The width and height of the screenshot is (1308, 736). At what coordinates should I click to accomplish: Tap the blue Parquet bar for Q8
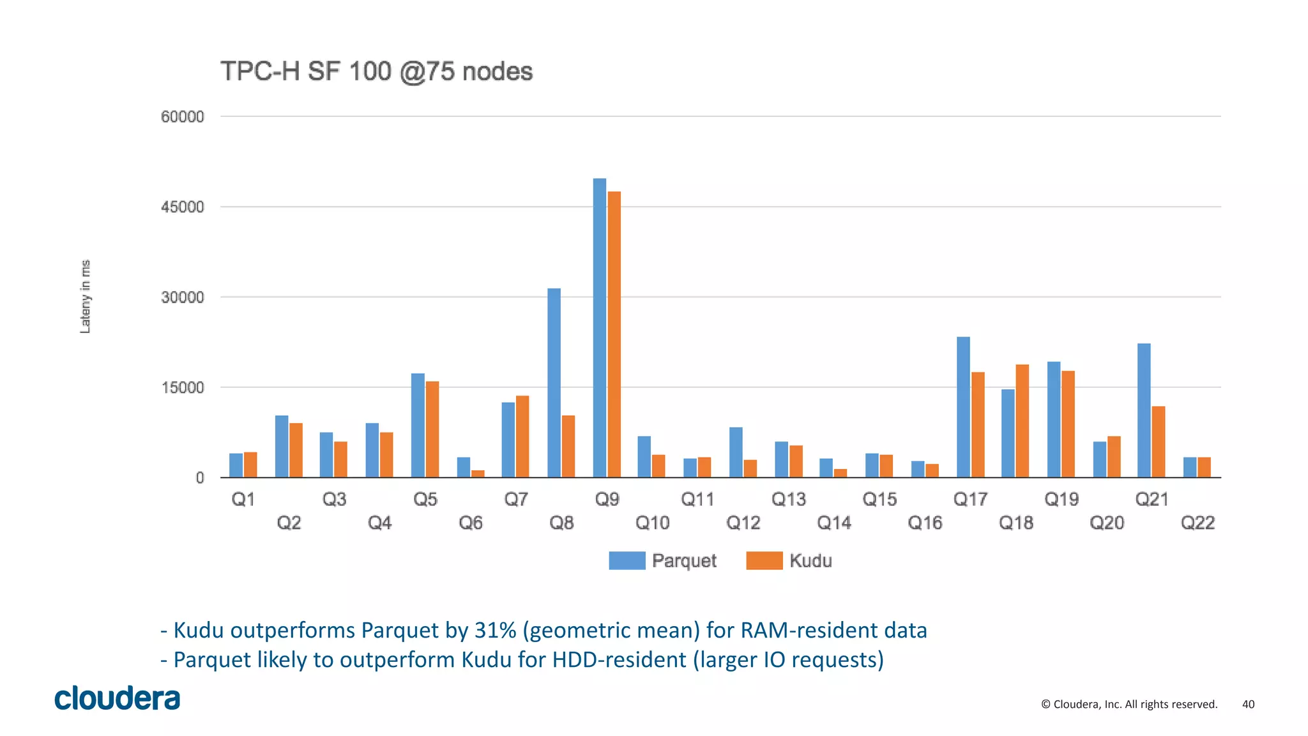[x=554, y=383]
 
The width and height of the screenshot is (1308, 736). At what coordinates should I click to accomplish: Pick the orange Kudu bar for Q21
[x=1159, y=442]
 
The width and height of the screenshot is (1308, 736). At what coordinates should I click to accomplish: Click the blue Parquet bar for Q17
[x=963, y=407]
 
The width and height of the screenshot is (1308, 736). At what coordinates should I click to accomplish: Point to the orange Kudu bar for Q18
[x=1022, y=421]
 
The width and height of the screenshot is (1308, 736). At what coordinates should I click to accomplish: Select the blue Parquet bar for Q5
[x=418, y=425]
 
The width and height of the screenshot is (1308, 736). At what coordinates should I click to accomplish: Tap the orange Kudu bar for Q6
[x=478, y=473]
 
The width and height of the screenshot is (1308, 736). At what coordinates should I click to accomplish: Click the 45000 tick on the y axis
[x=183, y=207]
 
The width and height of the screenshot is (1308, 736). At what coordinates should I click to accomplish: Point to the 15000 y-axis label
[x=183, y=388]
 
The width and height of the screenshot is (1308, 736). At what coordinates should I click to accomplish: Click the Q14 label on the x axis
[x=834, y=523]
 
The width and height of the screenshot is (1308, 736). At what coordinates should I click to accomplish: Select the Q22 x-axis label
[x=1198, y=523]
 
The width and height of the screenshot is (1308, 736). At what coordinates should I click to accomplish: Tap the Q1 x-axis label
[x=243, y=499]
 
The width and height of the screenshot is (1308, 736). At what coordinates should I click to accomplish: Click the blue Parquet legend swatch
[x=627, y=560]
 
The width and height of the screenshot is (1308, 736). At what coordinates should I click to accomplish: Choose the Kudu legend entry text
[x=810, y=560]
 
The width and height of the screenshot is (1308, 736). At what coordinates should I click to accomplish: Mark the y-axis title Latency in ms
[x=85, y=296]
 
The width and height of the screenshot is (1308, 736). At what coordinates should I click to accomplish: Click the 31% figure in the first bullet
[x=496, y=630]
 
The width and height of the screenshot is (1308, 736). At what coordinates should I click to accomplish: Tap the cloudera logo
[x=118, y=698]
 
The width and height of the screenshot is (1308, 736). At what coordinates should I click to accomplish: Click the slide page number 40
[x=1248, y=704]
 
